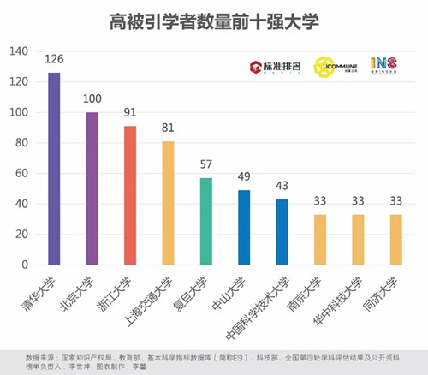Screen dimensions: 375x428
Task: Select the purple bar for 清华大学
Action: [54, 169]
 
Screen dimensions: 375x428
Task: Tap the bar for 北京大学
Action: [92, 188]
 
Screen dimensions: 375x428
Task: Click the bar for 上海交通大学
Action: [168, 203]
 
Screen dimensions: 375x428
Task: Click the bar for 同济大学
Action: [395, 240]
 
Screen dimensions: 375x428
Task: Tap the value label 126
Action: [54, 60]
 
